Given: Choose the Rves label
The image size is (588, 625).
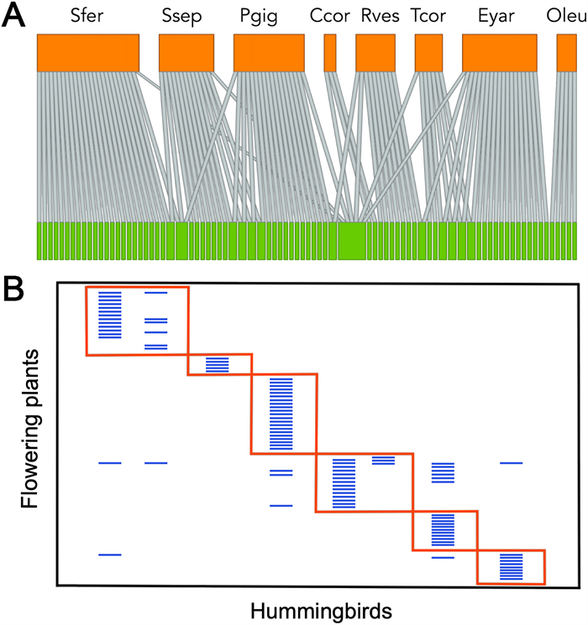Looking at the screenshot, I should click(376, 16).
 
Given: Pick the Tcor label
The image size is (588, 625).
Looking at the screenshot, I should click(429, 16).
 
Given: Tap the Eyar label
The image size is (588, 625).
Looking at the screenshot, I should click(499, 16).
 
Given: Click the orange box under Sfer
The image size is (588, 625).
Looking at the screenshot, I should click(87, 52).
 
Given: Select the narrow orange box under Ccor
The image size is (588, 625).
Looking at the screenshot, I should click(330, 52).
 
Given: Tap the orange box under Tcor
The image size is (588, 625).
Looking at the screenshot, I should click(428, 52).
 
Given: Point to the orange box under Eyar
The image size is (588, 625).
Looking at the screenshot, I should click(499, 52).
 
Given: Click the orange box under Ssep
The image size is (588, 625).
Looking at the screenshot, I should click(186, 52).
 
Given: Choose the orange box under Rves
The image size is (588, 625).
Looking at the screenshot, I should click(375, 52).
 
